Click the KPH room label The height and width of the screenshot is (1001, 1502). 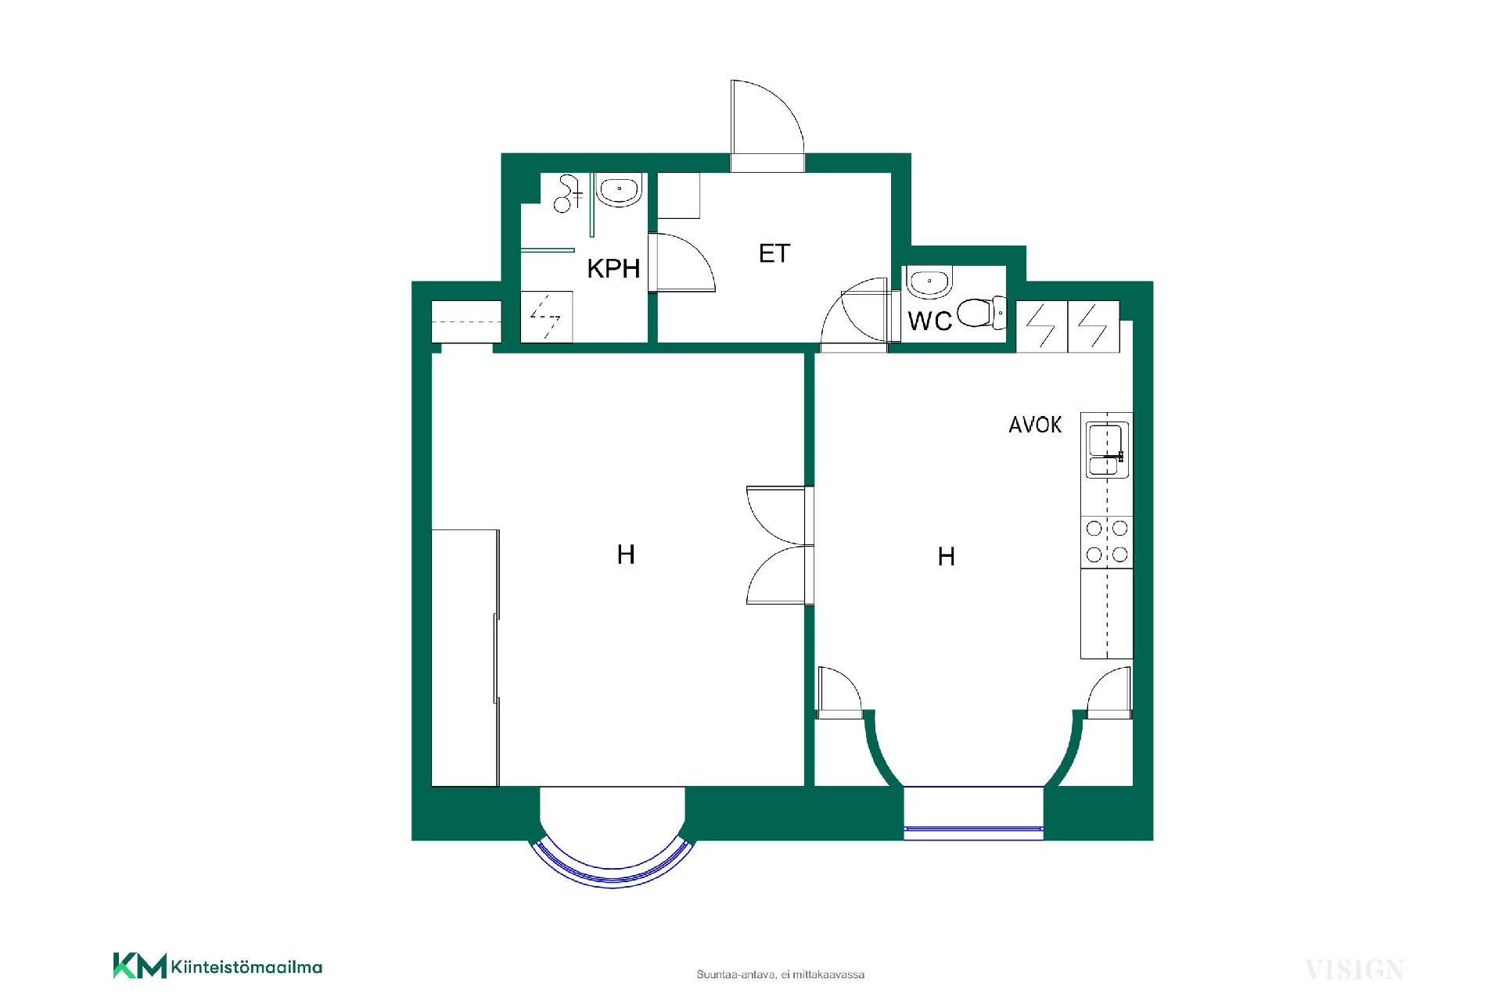(613, 268)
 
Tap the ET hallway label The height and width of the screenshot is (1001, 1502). (774, 253)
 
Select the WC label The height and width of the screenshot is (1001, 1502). (929, 321)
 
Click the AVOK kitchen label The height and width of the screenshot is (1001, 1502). (1035, 425)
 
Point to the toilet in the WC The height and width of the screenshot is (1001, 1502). (982, 313)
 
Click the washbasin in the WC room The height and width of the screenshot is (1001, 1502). (928, 282)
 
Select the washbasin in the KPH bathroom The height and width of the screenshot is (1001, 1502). (619, 190)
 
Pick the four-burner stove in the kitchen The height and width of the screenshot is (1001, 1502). (1107, 541)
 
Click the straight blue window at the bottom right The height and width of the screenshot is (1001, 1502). (974, 827)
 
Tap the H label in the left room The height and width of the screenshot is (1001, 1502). (626, 554)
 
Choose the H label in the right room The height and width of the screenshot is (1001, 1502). (947, 556)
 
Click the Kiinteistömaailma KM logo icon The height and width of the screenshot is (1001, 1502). (140, 965)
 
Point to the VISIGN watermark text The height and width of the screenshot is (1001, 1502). (1354, 970)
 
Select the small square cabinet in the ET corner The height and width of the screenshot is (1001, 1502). (678, 196)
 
